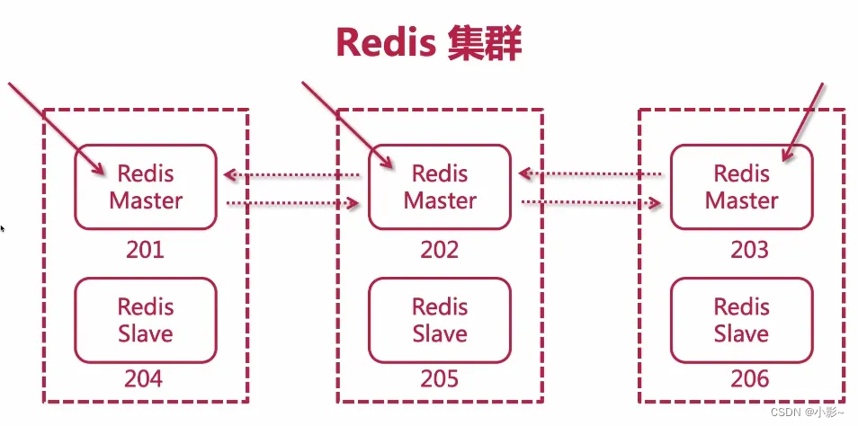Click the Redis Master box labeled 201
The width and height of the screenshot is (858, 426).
[146, 186]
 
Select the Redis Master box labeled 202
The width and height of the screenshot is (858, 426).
[440, 186]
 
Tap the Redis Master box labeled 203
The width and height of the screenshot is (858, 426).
[741, 186]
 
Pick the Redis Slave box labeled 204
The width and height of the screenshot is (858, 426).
[146, 321]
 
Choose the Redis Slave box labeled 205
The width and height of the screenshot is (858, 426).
[440, 321]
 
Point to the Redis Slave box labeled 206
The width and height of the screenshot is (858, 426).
[741, 321]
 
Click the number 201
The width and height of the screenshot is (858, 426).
[145, 250]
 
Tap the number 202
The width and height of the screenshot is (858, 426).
[440, 250]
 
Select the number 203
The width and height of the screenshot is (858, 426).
[750, 250]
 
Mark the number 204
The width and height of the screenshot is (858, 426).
[144, 378]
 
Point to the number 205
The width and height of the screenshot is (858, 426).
[440, 378]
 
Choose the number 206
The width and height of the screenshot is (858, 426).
[750, 378]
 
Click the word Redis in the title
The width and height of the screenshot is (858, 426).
[385, 42]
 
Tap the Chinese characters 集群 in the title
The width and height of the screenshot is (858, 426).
[484, 42]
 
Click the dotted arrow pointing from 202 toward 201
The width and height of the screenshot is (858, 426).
[292, 175]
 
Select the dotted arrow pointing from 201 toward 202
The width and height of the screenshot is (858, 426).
[292, 203]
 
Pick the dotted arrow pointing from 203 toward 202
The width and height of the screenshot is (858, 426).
[590, 173]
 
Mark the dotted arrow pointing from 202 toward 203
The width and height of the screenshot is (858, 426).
[590, 203]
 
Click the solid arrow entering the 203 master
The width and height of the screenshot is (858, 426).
[803, 122]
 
